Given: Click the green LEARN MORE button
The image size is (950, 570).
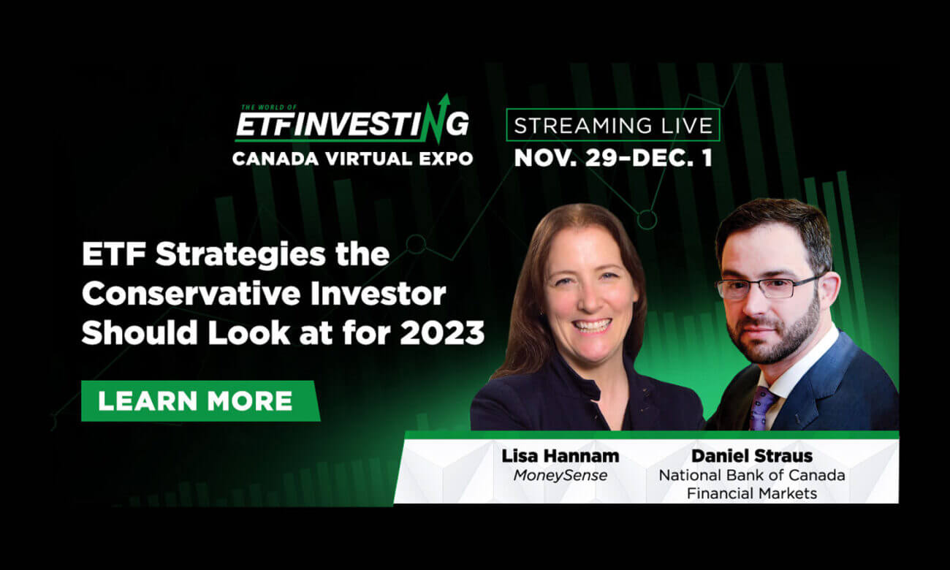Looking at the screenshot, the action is (200, 400).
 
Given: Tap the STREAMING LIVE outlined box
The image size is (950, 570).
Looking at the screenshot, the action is (613, 125).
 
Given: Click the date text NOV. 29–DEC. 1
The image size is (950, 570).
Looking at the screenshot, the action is (613, 158).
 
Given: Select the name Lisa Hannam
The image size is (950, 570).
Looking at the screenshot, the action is (560, 456).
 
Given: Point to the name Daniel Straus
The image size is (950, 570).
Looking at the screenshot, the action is (752, 456).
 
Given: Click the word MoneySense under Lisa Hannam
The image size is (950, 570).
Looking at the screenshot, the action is (560, 476).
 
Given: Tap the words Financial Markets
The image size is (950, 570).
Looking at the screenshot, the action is (752, 494).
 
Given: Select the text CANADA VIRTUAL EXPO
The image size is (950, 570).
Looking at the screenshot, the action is (352, 159).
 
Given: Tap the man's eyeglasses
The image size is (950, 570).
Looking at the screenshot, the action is (769, 287).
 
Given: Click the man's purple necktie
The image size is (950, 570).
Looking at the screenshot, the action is (764, 407).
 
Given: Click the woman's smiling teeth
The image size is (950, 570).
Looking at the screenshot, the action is (592, 325).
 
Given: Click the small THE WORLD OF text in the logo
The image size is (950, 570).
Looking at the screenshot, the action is (268, 107).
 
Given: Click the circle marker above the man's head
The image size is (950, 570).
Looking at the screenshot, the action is (647, 220).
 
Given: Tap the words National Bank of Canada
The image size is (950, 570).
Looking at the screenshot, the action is (752, 476).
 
